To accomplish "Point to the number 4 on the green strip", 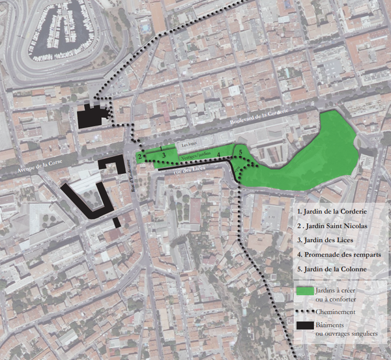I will coord(219,155).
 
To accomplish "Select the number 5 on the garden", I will coord(240,153).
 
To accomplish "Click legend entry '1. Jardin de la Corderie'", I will coord(332,211).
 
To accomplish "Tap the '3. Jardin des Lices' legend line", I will coord(326,240).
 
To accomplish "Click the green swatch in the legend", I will coord(304,290).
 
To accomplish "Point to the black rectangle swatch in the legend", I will coord(304,325).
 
